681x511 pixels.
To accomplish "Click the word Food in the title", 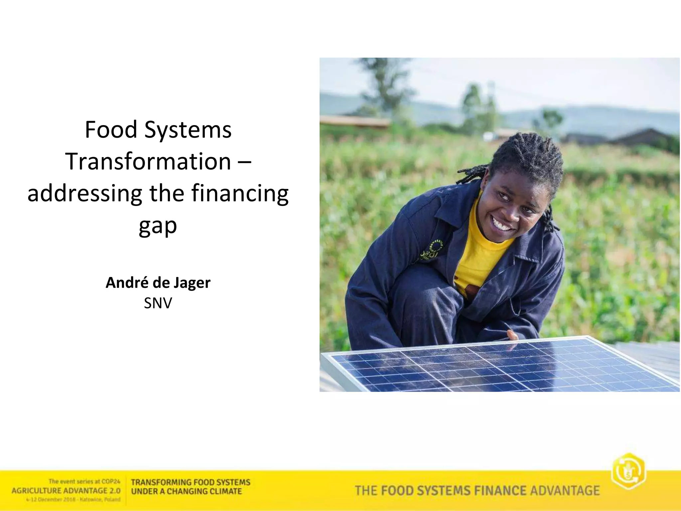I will pyautogui.click(x=111, y=129).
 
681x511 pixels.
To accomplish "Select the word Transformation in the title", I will pyautogui.click(x=148, y=161).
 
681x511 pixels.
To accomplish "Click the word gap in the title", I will pyautogui.click(x=158, y=226).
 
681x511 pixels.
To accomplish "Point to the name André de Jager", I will pyautogui.click(x=158, y=283).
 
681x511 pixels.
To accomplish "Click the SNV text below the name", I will pyautogui.click(x=158, y=303).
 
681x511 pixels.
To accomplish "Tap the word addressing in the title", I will pyautogui.click(x=84, y=194).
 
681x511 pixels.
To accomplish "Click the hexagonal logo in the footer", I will pyautogui.click(x=628, y=471).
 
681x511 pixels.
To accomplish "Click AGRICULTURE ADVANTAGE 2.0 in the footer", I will pyautogui.click(x=66, y=491).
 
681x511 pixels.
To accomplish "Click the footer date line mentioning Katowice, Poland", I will pyautogui.click(x=73, y=499).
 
